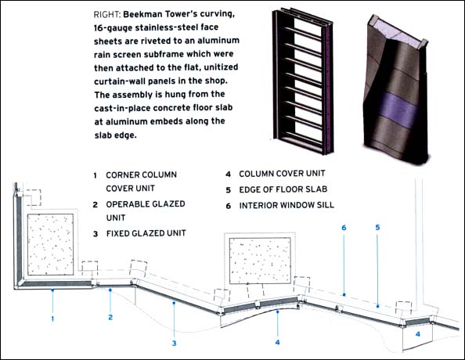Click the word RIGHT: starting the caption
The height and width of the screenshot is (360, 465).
pyautogui.click(x=106, y=14)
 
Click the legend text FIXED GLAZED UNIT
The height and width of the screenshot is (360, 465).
pyautogui.click(x=146, y=233)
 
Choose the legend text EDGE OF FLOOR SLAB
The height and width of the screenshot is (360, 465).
pyautogui.click(x=283, y=189)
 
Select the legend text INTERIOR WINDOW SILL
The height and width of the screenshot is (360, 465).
pyautogui.click(x=287, y=205)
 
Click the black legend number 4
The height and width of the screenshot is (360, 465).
pyautogui.click(x=228, y=174)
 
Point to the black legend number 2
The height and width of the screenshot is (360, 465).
pyautogui.click(x=95, y=204)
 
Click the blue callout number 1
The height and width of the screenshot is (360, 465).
pyautogui.click(x=52, y=319)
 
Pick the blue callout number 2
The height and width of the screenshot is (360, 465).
pyautogui.click(x=110, y=317)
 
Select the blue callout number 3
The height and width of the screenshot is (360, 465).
pyautogui.click(x=174, y=344)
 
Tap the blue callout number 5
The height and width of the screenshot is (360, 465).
pyautogui.click(x=377, y=228)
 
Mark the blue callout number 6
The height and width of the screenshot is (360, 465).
pyautogui.click(x=344, y=228)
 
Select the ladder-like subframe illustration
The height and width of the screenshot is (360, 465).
pyautogui.click(x=302, y=80)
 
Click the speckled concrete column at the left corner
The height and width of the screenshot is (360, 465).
pyautogui.click(x=50, y=244)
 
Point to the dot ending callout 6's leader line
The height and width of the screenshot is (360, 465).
pyautogui.click(x=344, y=295)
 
